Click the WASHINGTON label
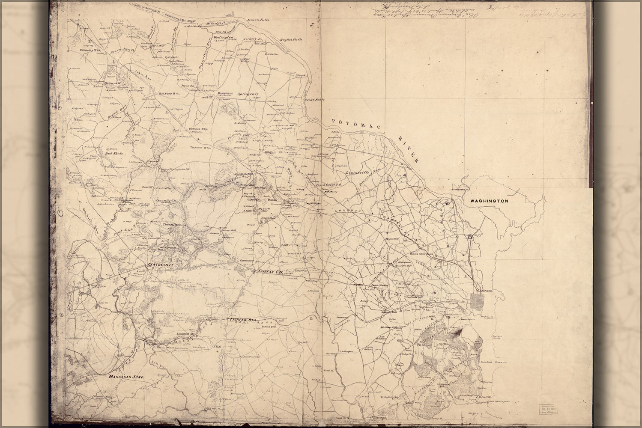click(489, 201)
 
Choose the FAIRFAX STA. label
click(240, 319)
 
